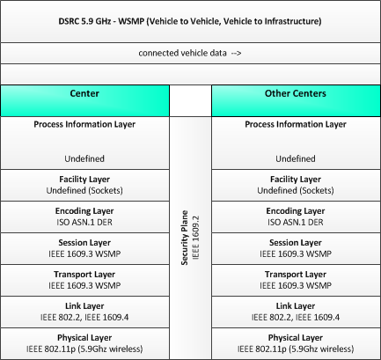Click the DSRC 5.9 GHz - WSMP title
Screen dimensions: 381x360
(190, 21)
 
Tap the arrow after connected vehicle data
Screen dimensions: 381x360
(236, 53)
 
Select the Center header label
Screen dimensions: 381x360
(84, 93)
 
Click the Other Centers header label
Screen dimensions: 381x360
(296, 93)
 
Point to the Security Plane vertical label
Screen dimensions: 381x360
(185, 238)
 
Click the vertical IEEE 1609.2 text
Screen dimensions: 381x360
(195, 238)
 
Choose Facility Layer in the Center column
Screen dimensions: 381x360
(84, 180)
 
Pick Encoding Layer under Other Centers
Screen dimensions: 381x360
(296, 211)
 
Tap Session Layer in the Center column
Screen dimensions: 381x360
(84, 243)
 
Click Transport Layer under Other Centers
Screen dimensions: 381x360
(296, 275)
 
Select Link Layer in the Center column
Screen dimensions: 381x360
(84, 306)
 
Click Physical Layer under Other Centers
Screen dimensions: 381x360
(296, 338)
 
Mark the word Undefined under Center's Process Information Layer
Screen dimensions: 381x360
(84, 158)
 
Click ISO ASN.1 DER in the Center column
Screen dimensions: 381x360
(84, 222)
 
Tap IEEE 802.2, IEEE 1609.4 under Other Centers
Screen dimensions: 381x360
(296, 317)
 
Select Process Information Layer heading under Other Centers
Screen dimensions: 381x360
(296, 124)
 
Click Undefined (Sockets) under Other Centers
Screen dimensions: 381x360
(296, 190)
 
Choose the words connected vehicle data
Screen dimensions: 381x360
(182, 53)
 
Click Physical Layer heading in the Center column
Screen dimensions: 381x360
(84, 338)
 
